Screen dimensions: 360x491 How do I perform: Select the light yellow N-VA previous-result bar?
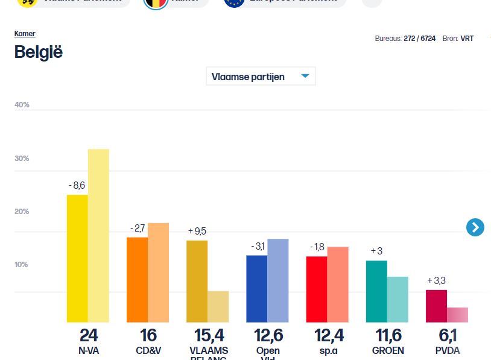[x=98, y=235]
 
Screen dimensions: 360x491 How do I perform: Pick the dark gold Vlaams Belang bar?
[x=197, y=281]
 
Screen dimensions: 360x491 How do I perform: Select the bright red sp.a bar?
[x=317, y=289]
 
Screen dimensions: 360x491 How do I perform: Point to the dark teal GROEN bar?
[x=376, y=291]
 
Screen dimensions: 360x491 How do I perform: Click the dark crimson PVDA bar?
[x=436, y=306]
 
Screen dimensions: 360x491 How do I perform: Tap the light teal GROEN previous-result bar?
[x=398, y=299]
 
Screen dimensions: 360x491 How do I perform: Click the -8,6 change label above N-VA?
[x=77, y=185]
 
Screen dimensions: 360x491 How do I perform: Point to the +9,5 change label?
[x=197, y=231]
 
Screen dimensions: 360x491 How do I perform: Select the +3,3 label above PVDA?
[x=437, y=280]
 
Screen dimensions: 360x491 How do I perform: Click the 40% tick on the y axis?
[x=22, y=105]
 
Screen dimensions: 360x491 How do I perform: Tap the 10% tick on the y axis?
[x=22, y=265]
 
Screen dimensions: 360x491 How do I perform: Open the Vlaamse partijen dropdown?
[x=261, y=77]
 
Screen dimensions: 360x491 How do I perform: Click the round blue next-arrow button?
[x=475, y=227]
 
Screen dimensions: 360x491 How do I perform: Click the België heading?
[x=39, y=52]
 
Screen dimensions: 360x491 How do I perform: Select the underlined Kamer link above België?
[x=25, y=34]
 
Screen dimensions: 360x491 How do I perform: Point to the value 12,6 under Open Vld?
[x=268, y=336]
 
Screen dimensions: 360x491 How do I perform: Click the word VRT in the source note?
[x=467, y=39]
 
